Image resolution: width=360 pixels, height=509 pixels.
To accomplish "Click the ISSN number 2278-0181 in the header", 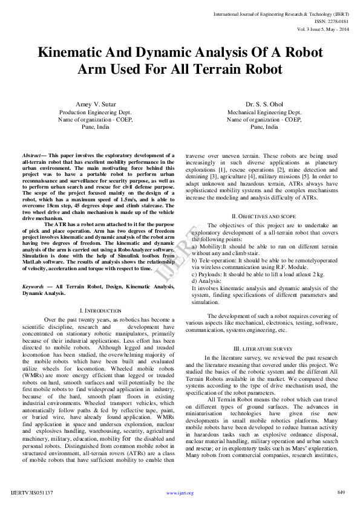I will pyautogui.click(x=338, y=21).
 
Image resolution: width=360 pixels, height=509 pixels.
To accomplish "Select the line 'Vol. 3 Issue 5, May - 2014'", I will pyautogui.click(x=323, y=28).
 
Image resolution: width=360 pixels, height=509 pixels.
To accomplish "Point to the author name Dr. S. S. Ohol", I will pyautogui.click(x=264, y=105).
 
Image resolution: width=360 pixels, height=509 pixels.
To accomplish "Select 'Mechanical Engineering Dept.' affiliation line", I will pyautogui.click(x=264, y=112).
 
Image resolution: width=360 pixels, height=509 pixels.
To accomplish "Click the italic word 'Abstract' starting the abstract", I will pyautogui.click(x=31, y=155).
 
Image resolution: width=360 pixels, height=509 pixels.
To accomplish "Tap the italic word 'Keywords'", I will pyautogui.click(x=33, y=286).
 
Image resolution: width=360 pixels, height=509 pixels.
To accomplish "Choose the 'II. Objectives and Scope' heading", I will pyautogui.click(x=264, y=216).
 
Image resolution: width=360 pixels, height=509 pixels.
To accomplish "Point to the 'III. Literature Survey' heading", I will pyautogui.click(x=264, y=349).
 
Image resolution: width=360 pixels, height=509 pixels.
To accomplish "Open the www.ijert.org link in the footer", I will pyautogui.click(x=180, y=493).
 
